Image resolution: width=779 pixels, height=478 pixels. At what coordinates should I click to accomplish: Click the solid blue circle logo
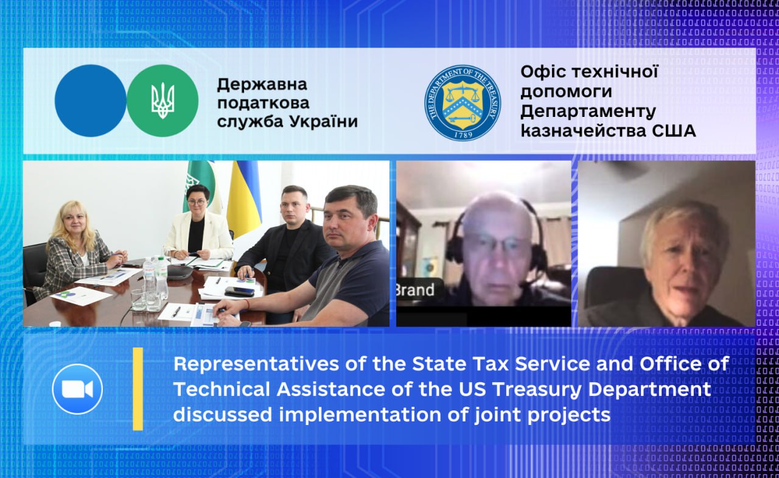[91, 100]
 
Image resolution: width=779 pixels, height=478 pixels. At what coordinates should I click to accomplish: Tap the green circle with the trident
[162, 100]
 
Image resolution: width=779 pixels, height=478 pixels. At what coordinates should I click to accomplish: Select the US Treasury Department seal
[463, 103]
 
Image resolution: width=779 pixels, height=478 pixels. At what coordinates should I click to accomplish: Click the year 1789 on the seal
[463, 135]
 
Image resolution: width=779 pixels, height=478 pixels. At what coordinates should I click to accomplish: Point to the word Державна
[262, 85]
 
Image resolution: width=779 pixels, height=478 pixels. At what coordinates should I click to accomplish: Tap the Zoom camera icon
[77, 389]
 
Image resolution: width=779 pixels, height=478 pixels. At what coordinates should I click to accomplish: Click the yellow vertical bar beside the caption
[138, 389]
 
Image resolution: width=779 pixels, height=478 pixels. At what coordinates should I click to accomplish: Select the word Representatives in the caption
[256, 364]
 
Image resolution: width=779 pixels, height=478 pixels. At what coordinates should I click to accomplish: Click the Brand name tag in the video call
[416, 290]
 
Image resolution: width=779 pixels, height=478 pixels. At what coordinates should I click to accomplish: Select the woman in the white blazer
[198, 226]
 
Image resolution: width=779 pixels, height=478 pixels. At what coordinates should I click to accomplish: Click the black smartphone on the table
[239, 292]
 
